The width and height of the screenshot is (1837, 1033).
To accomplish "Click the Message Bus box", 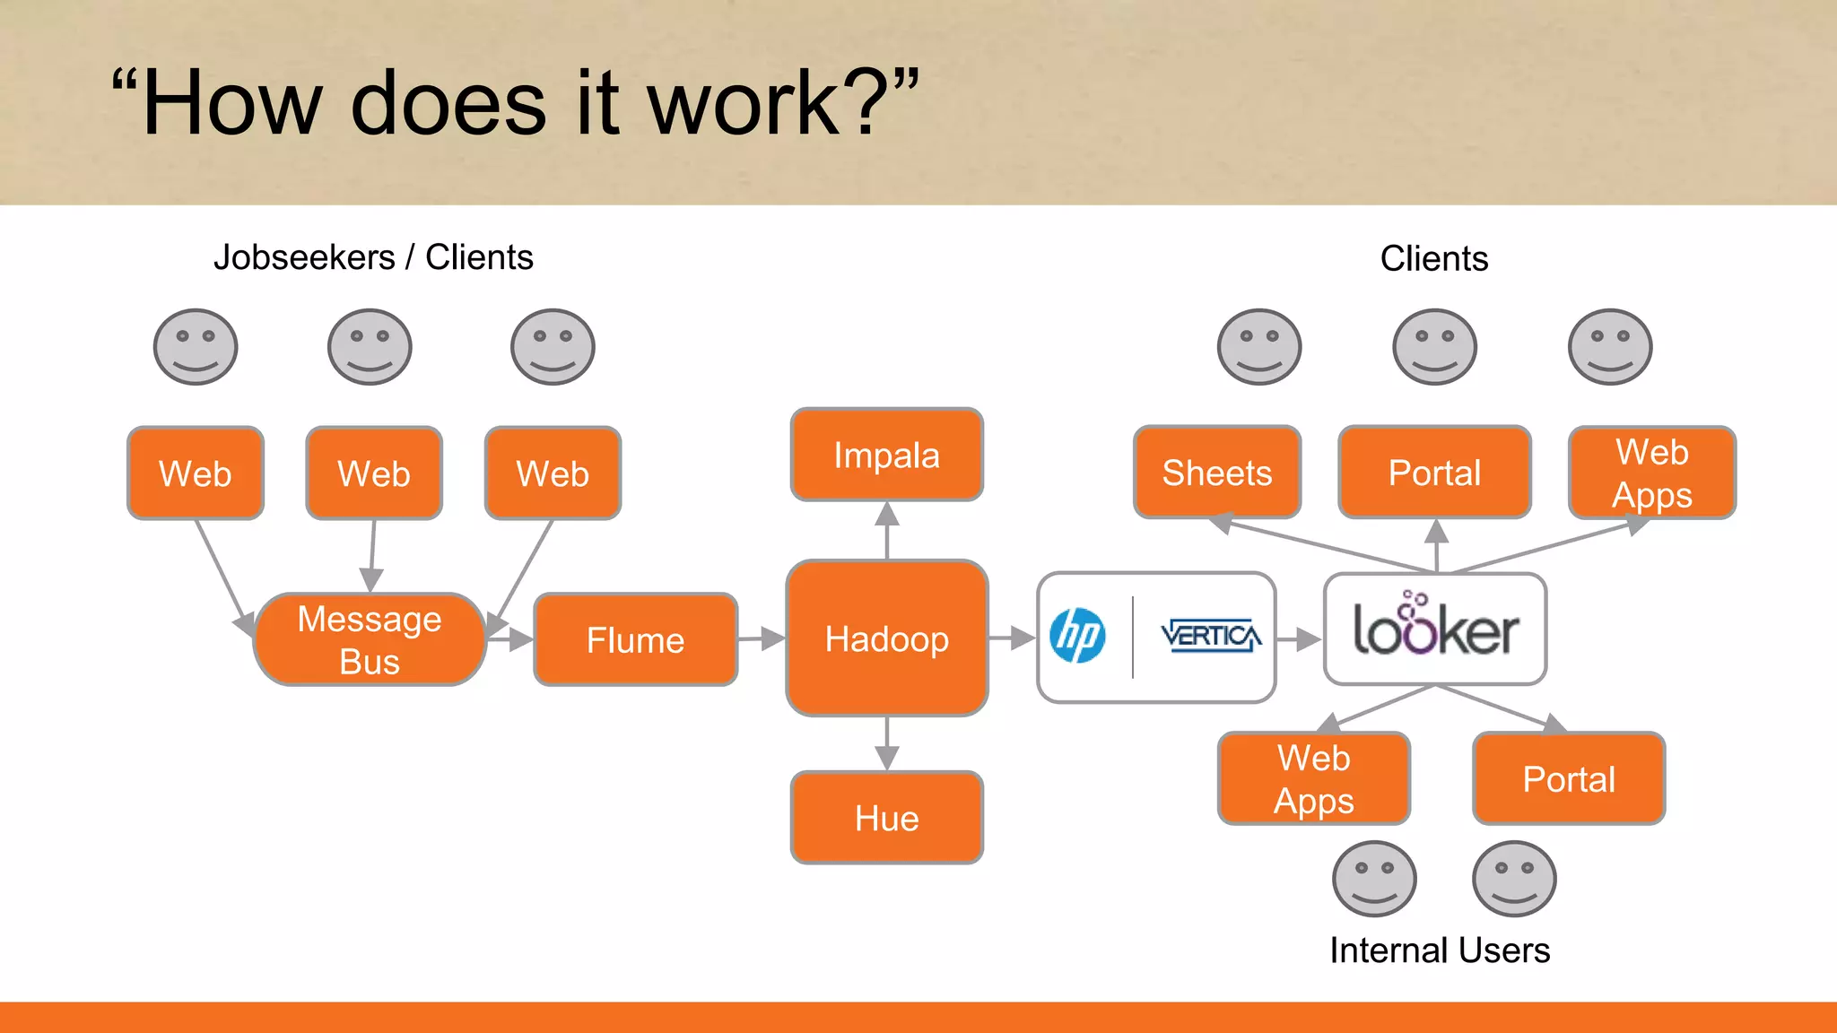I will pyautogui.click(x=370, y=639).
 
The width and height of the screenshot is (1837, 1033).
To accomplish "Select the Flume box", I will pyautogui.click(x=635, y=639).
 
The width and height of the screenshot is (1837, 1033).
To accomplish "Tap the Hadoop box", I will pyautogui.click(x=886, y=638).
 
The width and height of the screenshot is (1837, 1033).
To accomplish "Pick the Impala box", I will pyautogui.click(x=886, y=455).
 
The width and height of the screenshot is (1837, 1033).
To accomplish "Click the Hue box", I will pyautogui.click(x=886, y=817).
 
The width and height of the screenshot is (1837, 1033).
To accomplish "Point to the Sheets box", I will pyautogui.click(x=1216, y=472).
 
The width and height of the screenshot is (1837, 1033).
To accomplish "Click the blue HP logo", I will pyautogui.click(x=1077, y=636).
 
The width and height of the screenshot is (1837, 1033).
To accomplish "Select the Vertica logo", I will pyautogui.click(x=1210, y=636).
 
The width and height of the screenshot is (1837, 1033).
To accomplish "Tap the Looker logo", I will pyautogui.click(x=1434, y=629).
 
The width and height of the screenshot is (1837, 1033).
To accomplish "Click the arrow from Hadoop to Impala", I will pyautogui.click(x=886, y=530).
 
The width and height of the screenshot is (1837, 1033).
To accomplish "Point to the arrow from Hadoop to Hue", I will pyautogui.click(x=886, y=743).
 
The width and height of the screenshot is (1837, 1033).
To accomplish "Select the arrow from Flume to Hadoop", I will pyautogui.click(x=762, y=638).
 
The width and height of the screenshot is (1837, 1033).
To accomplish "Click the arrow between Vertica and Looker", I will pyautogui.click(x=1299, y=639).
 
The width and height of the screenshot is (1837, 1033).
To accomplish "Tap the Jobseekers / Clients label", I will pyautogui.click(x=373, y=257).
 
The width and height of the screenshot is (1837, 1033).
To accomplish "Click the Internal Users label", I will pyautogui.click(x=1439, y=950).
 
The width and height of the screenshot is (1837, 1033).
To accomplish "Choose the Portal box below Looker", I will pyautogui.click(x=1568, y=778).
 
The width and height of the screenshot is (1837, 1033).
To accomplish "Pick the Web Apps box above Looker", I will pyautogui.click(x=1651, y=473).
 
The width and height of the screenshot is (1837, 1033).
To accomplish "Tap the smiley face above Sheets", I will pyautogui.click(x=1258, y=347).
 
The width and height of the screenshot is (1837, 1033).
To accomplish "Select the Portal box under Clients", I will pyautogui.click(x=1433, y=472).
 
